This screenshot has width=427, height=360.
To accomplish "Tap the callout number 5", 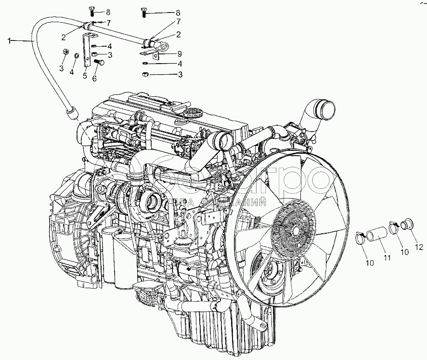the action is pos(84,75).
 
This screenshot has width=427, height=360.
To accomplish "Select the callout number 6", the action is pos(94,78).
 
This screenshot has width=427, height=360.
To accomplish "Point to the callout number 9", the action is pos(180,53).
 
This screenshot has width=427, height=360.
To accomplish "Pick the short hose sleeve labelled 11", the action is pos(376,235).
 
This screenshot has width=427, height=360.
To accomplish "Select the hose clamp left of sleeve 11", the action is pos(359,237).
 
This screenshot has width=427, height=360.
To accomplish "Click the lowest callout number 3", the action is pos(180,75).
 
